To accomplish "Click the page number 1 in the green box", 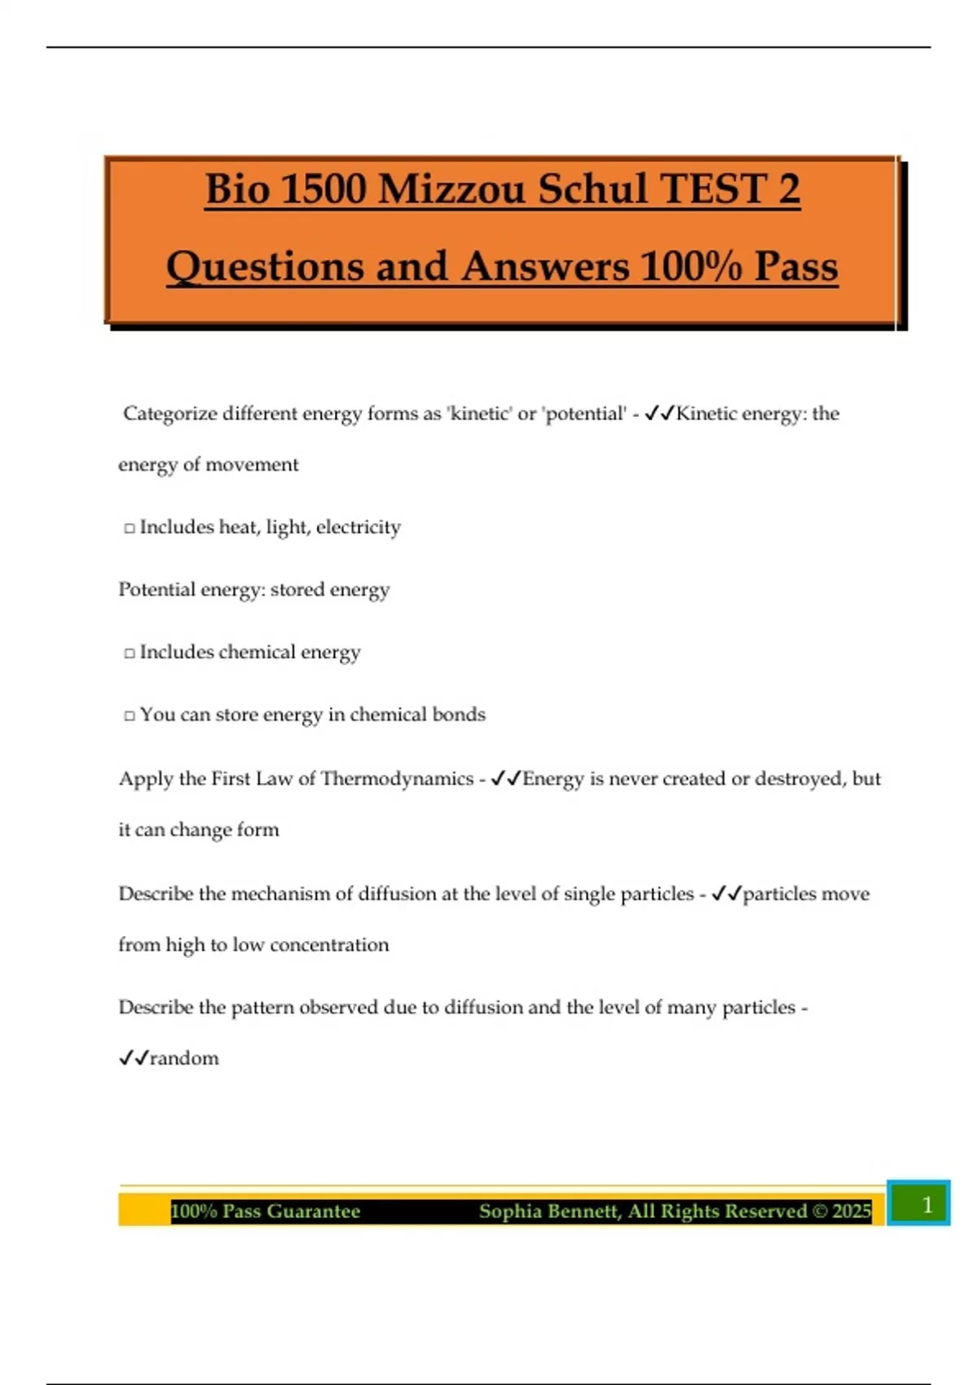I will [927, 1204].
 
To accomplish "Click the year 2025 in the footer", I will [851, 1211].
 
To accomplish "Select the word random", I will [184, 1058].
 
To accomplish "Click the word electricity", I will [358, 527].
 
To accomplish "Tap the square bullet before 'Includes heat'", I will [129, 529].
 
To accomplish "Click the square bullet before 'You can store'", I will [129, 716].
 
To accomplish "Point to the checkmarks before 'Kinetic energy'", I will [659, 414].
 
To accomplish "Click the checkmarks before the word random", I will [134, 1058].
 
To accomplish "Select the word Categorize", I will [170, 414].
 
